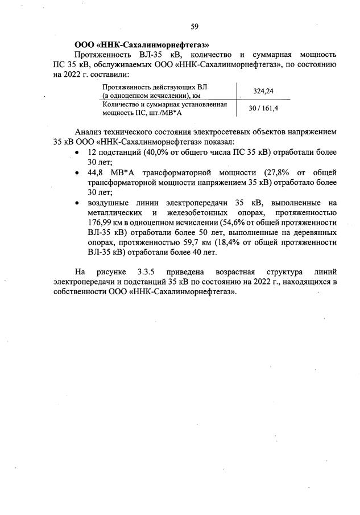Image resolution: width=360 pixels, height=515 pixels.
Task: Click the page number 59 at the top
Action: (x=194, y=27)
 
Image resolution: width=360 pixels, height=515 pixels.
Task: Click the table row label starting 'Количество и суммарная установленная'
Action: (x=164, y=105)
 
